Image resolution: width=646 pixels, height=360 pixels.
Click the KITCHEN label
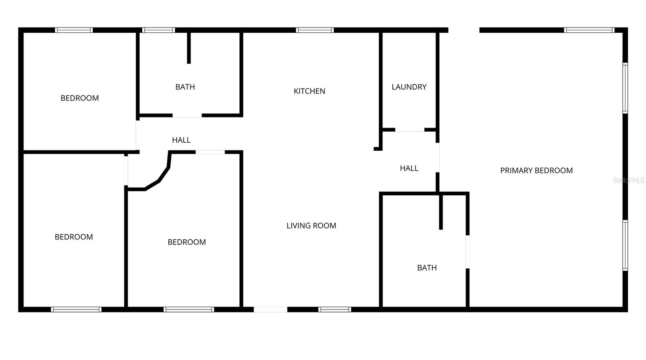[x=309, y=91]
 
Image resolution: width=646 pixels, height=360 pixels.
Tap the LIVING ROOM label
[x=311, y=226]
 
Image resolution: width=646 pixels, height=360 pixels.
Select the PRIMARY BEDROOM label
[x=536, y=171]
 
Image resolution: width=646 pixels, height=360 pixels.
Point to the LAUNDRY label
[x=409, y=87]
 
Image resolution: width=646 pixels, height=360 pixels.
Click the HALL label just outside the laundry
[x=409, y=168]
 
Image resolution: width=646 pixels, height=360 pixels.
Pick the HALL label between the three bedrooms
[x=181, y=140]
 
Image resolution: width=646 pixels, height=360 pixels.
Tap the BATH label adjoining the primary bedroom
[x=427, y=268]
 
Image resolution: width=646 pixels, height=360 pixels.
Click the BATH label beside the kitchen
[x=185, y=87]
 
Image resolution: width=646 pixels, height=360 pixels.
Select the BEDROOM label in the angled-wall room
[x=187, y=242]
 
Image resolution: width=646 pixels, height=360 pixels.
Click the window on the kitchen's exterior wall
[x=315, y=30]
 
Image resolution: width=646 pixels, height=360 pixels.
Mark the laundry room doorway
[x=409, y=130]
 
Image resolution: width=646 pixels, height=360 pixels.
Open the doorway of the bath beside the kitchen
[x=187, y=116]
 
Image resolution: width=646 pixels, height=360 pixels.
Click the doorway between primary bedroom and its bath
[x=468, y=252]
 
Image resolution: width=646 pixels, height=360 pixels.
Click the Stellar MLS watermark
[x=628, y=180]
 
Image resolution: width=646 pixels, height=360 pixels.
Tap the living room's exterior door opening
[x=271, y=310]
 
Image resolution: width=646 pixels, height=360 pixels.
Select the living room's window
[x=334, y=310]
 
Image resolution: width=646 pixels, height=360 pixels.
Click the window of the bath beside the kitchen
[x=158, y=30]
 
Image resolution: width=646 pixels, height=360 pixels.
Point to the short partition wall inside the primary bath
[x=441, y=212]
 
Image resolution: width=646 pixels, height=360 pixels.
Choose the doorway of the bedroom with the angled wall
[x=210, y=152]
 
